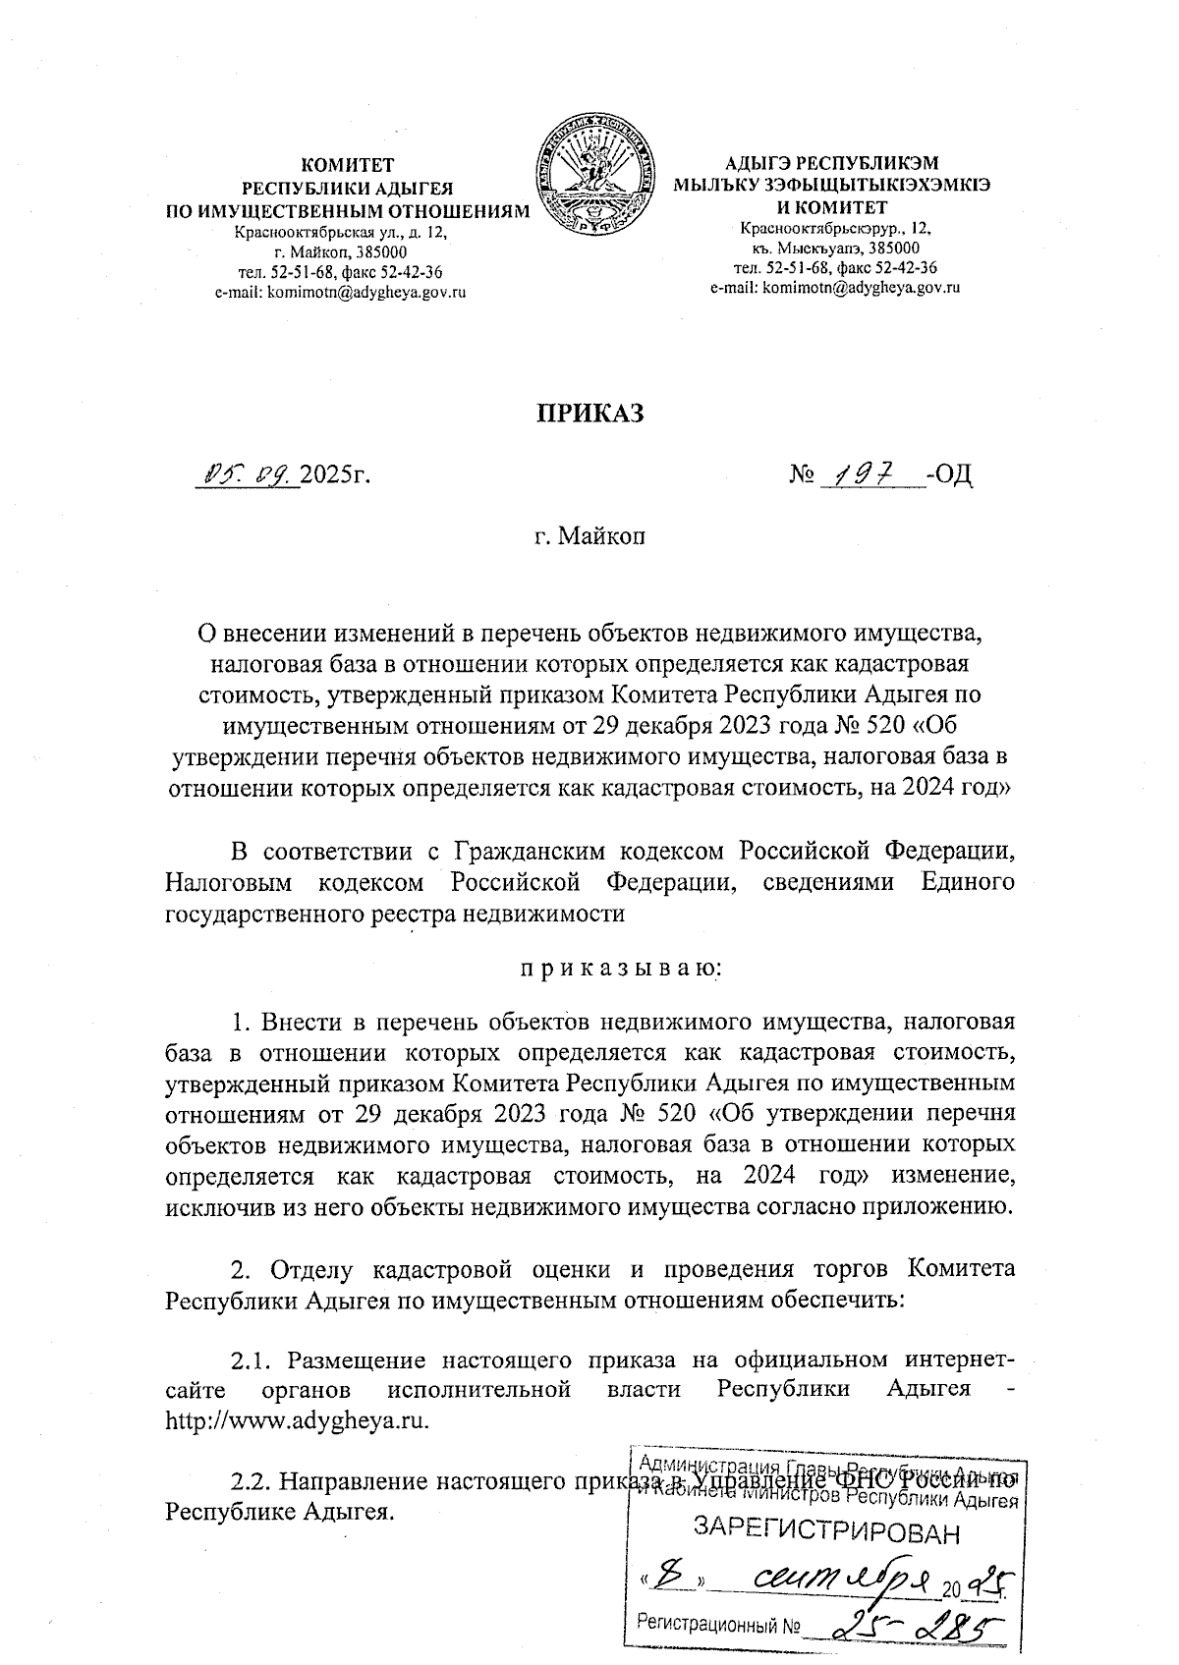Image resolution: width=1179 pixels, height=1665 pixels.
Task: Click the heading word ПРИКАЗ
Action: point(589,414)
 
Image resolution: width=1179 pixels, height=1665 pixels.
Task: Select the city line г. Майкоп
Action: point(589,536)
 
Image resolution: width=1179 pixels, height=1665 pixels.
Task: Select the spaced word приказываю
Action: point(620,968)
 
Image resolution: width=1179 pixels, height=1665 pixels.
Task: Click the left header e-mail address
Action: point(339,292)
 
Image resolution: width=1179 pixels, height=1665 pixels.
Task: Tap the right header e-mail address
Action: point(834,288)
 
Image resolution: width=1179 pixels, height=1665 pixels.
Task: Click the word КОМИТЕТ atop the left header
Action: point(347,165)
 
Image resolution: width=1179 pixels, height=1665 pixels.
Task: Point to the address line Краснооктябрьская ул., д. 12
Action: point(340,233)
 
